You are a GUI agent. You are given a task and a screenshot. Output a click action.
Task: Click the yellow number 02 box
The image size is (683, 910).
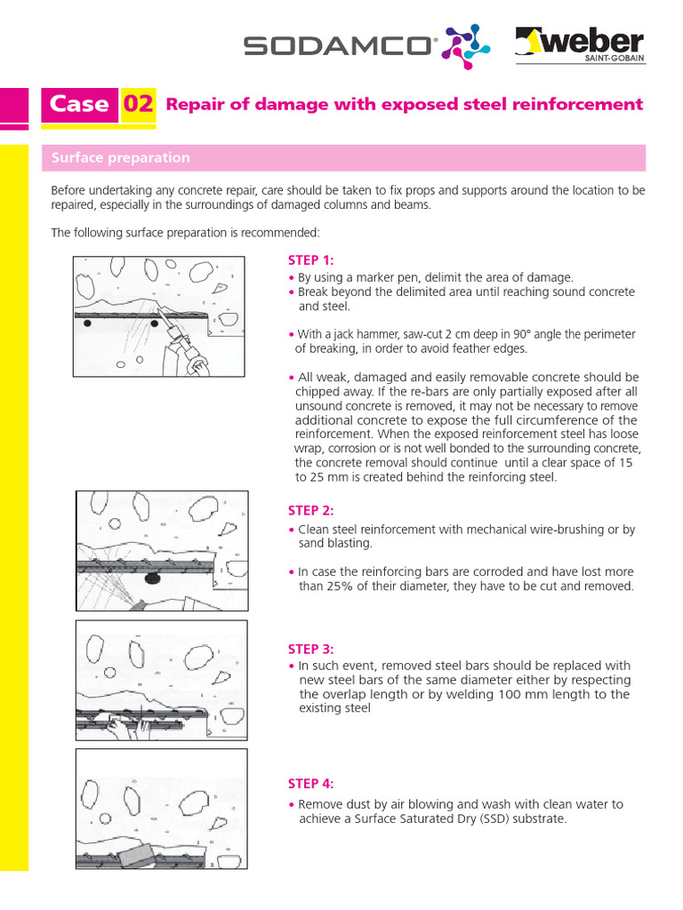[138, 104]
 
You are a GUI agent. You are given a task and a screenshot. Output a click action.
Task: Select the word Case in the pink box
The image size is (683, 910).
[79, 104]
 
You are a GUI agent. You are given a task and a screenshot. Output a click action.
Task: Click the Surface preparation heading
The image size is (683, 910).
[121, 157]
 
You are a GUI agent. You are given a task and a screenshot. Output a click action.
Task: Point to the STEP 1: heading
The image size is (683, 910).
[310, 259]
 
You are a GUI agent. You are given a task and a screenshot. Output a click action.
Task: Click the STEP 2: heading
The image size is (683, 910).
[310, 510]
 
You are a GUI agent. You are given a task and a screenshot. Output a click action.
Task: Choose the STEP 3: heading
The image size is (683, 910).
[310, 649]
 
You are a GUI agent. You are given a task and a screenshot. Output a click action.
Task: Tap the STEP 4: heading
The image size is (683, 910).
[310, 783]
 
